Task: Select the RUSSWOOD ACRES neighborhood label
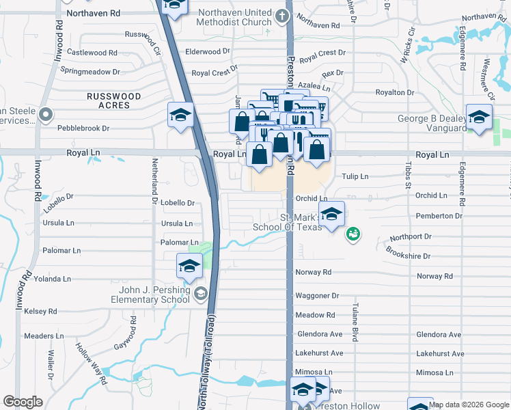point(114,101)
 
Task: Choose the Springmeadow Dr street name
point(90,71)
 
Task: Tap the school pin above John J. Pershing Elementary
point(189,266)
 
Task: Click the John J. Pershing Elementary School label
point(154,295)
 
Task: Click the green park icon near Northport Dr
point(353,234)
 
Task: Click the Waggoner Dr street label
point(317,296)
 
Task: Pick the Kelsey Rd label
point(40,311)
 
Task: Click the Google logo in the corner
point(23,402)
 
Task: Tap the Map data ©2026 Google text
point(469,405)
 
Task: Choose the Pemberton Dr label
point(439,216)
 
